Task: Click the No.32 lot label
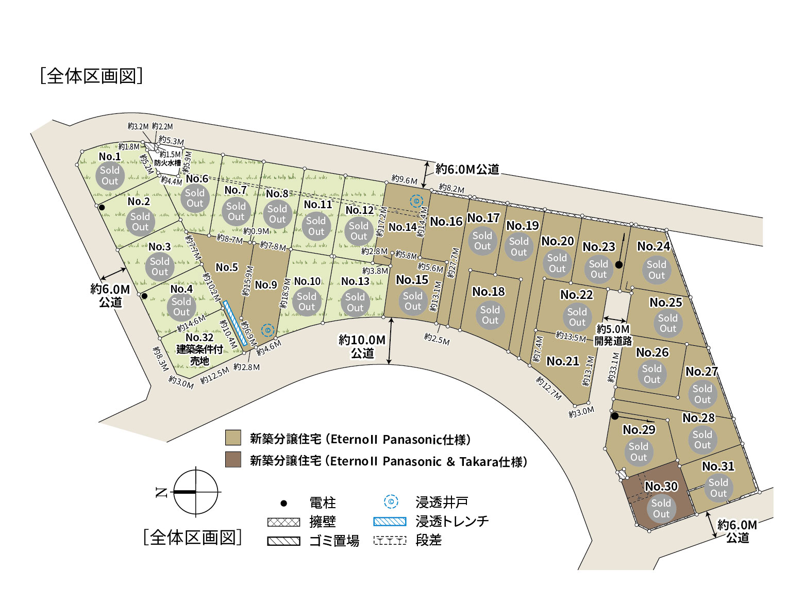[199, 338]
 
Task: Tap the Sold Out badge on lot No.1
[110, 176]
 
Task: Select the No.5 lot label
[227, 267]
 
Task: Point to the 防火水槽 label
[167, 163]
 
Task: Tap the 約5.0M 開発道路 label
[613, 334]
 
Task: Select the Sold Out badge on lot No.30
[661, 509]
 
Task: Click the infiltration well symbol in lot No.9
[267, 330]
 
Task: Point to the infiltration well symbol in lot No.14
[416, 201]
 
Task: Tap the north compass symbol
[195, 492]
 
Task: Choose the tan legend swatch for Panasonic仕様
[233, 438]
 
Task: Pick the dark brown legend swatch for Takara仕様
[233, 460]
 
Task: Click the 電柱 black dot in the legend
[283, 503]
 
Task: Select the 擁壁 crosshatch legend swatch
[283, 522]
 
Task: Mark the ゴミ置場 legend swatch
[283, 541]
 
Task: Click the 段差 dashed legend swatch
[390, 541]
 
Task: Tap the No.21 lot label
[563, 361]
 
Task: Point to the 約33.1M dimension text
[613, 367]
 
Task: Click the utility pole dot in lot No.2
[102, 208]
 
